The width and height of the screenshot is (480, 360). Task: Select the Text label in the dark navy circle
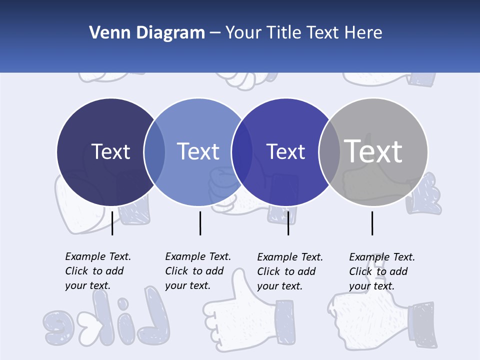[110, 151]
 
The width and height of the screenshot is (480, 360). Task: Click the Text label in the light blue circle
[198, 151]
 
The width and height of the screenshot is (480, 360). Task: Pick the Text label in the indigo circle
[286, 151]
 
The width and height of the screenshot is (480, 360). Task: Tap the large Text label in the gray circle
[373, 151]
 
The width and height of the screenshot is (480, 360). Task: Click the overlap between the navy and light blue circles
[154, 152]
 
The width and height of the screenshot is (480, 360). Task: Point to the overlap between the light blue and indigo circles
[242, 152]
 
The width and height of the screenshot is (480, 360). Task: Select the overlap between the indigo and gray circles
[329, 152]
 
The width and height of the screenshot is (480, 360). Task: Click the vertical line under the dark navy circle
[112, 223]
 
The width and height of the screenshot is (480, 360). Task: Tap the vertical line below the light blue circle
[200, 223]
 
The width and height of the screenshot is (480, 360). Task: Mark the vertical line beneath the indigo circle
[288, 223]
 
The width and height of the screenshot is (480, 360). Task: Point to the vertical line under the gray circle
[372, 223]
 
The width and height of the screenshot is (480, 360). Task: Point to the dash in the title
[215, 33]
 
